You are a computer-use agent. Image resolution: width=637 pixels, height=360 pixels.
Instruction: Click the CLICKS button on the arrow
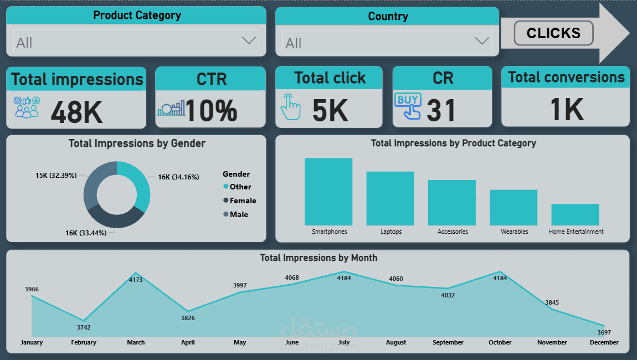point(553,33)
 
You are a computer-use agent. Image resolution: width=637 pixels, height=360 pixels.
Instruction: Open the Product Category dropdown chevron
point(249,40)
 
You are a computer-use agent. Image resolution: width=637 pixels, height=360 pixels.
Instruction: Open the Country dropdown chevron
point(482,41)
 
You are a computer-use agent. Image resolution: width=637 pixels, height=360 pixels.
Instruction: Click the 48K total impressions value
point(76,111)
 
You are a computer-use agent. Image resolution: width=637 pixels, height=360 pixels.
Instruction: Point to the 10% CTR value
point(211,111)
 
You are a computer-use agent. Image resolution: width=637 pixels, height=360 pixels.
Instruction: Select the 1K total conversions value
point(567,110)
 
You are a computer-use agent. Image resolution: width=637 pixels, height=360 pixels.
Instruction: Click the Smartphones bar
point(328,192)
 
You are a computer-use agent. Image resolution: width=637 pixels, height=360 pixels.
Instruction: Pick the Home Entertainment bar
point(575,214)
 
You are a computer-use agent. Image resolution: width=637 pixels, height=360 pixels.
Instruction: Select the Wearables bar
point(513,207)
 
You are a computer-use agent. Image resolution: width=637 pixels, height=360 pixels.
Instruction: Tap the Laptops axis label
point(391,232)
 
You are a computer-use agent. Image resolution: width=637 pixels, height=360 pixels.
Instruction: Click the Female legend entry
point(243,200)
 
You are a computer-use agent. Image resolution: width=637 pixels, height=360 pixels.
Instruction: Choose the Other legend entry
point(240,187)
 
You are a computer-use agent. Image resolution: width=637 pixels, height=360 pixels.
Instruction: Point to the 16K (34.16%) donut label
point(178,177)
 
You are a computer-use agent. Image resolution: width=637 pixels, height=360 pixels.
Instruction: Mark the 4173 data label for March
point(136,280)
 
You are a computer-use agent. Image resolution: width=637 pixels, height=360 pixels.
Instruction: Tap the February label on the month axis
point(84,342)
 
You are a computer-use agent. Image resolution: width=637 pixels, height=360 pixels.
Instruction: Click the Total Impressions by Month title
point(318,258)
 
